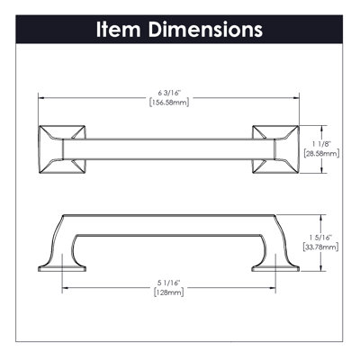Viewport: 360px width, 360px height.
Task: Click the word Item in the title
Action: pos(118,30)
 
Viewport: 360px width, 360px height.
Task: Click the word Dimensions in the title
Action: pos(205,30)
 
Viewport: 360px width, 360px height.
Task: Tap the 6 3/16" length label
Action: pos(169,94)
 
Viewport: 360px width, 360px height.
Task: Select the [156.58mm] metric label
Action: pos(169,103)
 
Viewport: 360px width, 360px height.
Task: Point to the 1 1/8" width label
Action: pos(321,145)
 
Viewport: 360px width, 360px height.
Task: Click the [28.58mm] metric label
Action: pos(321,154)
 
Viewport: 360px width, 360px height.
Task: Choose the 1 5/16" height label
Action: pos(321,238)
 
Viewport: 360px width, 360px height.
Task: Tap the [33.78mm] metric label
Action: pos(321,247)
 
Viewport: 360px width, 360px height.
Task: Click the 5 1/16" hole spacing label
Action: pos(168,283)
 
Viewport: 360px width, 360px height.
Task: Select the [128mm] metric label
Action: pos(168,292)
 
